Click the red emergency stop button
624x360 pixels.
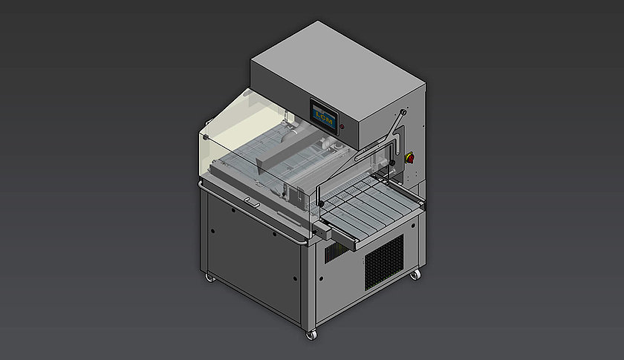point(410,157)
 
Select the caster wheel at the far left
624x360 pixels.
point(209,278)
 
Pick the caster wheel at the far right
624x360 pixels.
point(413,276)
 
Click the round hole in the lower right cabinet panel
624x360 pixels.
point(321,280)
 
